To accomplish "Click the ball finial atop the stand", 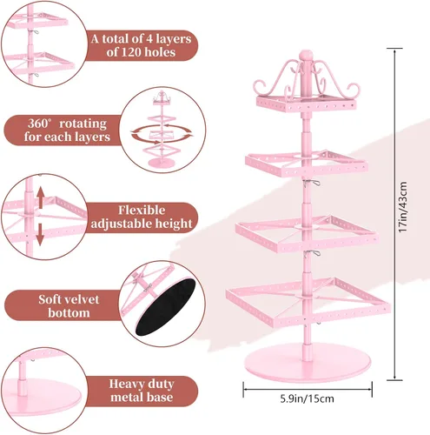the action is coord(306,56).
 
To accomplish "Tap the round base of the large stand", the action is coord(308,363).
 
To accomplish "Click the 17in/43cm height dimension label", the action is coord(403,206).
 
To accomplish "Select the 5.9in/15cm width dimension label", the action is coord(307,398).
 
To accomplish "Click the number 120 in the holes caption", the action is coord(131,52).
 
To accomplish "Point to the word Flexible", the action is coord(142,211).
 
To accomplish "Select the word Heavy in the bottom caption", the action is coord(125,384).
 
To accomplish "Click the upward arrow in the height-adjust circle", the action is coord(41,197).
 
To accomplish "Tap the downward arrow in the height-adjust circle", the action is coord(40,234).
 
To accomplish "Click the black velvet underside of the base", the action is coord(166,307).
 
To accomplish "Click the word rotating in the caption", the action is coord(83,124).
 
